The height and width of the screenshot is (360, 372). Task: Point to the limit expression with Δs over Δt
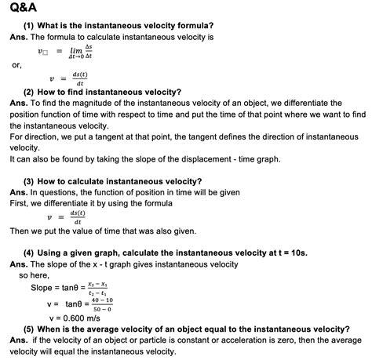point(80,53)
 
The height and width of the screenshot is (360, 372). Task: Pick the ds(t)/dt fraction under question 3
point(78,216)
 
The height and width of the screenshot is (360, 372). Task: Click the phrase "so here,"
point(34,275)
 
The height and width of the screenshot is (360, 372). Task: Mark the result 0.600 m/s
point(78,318)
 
